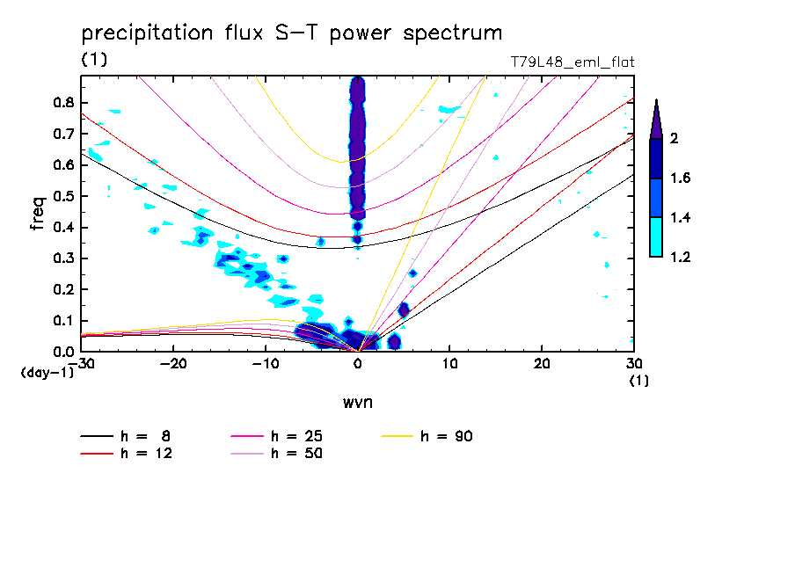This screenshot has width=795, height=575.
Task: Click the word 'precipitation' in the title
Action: (142, 34)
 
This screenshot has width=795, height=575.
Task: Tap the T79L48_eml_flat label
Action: (573, 62)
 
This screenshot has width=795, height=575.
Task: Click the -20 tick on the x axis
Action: (173, 363)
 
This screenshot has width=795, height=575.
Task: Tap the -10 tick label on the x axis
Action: (266, 363)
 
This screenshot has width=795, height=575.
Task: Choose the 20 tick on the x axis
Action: (542, 363)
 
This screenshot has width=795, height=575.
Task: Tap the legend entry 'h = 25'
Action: (297, 436)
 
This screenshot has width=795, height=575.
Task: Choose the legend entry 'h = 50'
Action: (297, 454)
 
